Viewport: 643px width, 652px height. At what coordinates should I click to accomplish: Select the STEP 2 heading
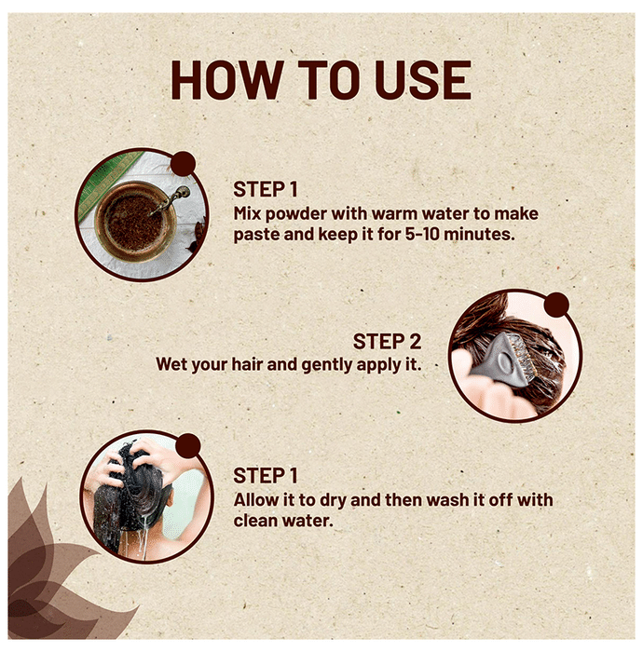click(388, 342)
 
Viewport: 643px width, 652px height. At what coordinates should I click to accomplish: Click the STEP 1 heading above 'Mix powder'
click(266, 189)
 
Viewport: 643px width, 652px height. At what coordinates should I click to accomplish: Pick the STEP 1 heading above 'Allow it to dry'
click(266, 476)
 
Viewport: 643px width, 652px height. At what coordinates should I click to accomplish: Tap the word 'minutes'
click(479, 234)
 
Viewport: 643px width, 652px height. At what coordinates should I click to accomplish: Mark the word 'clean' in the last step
click(255, 521)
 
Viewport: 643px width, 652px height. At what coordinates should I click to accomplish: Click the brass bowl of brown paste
click(136, 222)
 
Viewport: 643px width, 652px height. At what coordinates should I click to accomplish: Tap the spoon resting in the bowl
click(171, 199)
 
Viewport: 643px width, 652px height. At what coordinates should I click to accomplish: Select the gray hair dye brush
click(504, 360)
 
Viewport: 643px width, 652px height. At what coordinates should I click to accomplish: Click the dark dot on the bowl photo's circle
click(183, 163)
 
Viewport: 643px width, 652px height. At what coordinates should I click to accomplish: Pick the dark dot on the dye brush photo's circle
click(556, 305)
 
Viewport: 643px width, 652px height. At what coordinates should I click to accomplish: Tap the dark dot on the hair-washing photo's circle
click(188, 446)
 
